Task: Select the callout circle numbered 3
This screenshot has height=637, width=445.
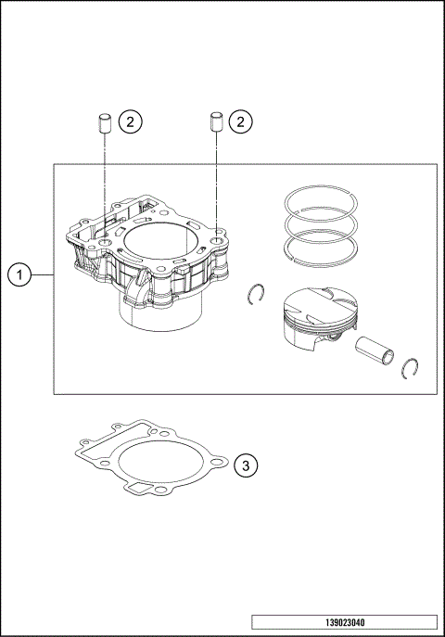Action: pos(244,465)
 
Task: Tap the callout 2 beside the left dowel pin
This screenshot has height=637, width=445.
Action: pos(131,121)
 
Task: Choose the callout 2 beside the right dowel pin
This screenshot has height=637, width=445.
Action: pos(241,121)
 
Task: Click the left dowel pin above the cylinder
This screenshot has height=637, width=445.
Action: pos(105,122)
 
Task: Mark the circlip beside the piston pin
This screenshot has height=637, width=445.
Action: pos(412,368)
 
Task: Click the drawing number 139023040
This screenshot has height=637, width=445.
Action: pos(343,622)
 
